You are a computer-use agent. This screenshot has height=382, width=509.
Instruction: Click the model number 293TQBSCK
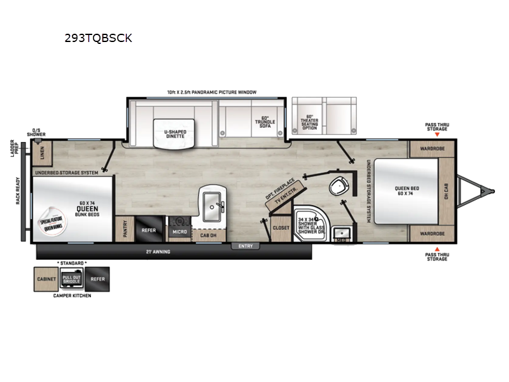point(98,38)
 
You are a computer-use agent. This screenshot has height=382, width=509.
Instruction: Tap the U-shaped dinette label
point(174,134)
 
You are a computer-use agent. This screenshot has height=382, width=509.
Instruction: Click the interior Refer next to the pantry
point(148,231)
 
